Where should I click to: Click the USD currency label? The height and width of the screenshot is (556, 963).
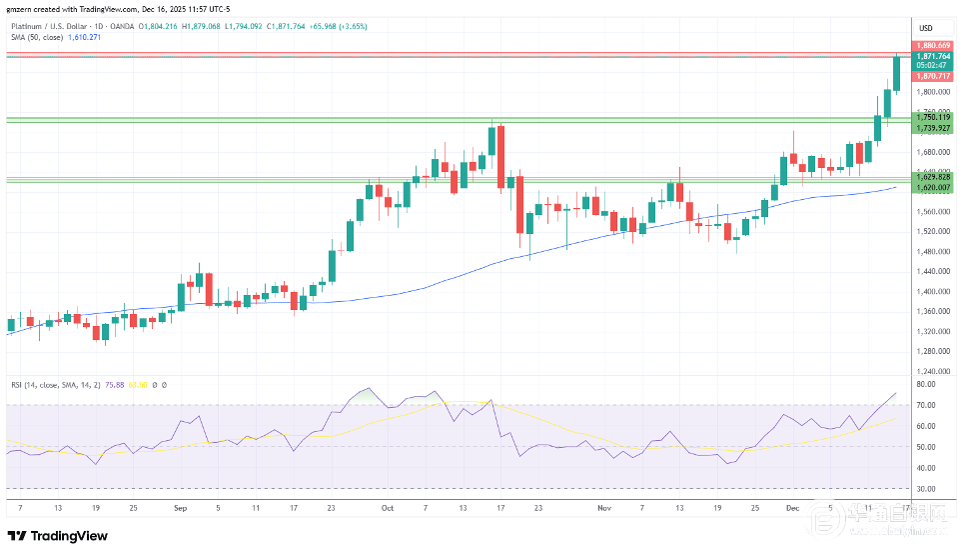[925, 27]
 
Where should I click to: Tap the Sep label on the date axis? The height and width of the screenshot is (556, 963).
[181, 508]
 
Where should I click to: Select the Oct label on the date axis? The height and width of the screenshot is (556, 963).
[388, 508]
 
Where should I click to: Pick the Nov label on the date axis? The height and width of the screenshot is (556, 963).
[604, 508]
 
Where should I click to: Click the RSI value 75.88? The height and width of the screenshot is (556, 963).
[101, 384]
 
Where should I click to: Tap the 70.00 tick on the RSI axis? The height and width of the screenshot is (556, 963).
[925, 405]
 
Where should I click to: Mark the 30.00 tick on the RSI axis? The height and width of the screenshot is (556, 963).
[925, 488]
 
